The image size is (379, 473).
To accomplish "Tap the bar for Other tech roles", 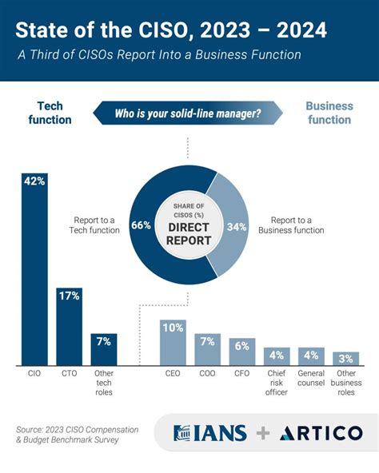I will (x=104, y=348).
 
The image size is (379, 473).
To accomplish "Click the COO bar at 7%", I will (x=207, y=348).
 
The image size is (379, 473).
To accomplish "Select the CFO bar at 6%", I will (x=242, y=351).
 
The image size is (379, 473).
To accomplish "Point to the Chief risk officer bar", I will (x=276, y=356).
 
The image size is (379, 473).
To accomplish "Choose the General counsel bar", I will (x=311, y=356).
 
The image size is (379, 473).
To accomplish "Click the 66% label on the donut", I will (x=142, y=226).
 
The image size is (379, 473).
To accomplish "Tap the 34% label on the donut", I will (x=237, y=226).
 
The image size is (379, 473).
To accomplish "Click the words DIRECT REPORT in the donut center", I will (x=189, y=233).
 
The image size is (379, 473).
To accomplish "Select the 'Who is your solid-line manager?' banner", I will (x=189, y=113).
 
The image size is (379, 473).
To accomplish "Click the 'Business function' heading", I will (x=329, y=113).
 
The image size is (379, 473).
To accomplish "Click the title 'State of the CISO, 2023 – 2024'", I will (x=171, y=31).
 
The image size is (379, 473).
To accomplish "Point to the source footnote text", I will (x=77, y=434).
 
